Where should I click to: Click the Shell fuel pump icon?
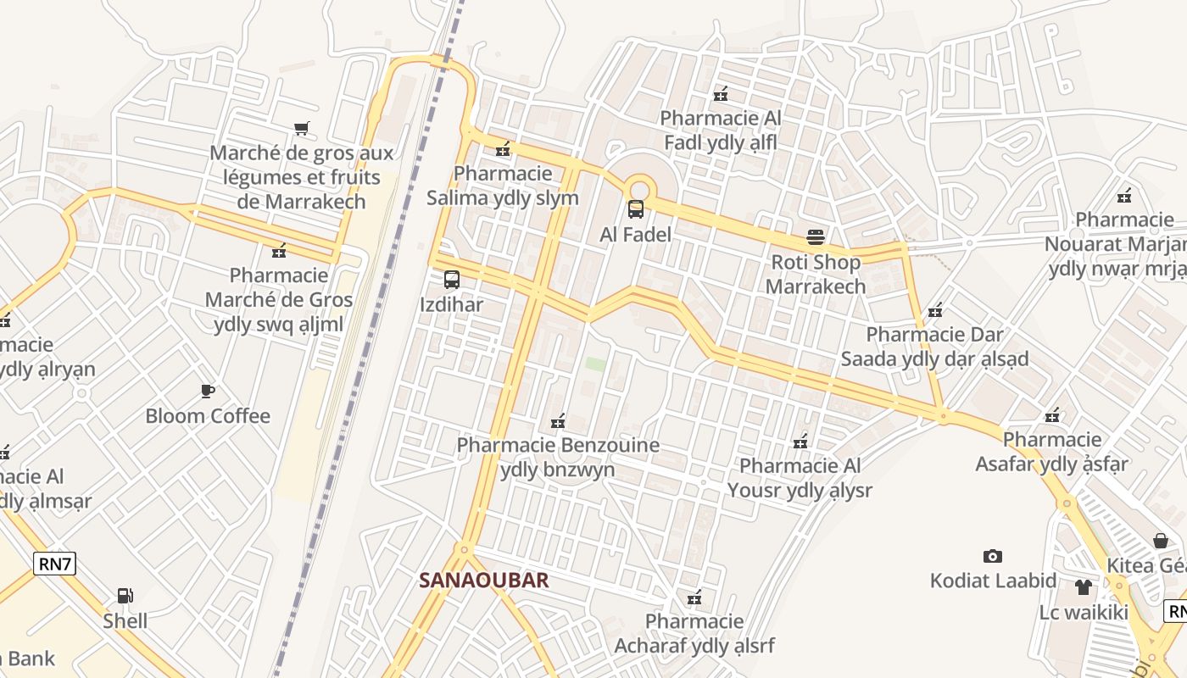125,596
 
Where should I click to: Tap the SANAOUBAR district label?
484,581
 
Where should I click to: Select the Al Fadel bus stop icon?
636,209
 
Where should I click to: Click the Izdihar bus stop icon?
452,280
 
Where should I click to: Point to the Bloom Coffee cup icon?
208,391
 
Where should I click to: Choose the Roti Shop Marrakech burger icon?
816,236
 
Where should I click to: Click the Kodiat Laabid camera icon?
993,556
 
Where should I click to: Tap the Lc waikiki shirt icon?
1083,586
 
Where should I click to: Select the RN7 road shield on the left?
55,564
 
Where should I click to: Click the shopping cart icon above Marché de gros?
302,128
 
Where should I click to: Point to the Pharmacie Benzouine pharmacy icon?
558,420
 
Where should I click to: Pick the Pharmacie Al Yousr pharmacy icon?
800,441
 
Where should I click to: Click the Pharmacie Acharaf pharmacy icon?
694,597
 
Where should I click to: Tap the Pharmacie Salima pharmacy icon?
503,149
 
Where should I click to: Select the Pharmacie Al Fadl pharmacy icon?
721,93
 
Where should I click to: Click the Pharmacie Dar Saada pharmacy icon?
935,310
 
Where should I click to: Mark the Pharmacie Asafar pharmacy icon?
1052,415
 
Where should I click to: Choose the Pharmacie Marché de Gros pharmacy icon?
279,251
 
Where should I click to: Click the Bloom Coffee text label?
208,416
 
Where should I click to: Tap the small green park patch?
596,364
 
